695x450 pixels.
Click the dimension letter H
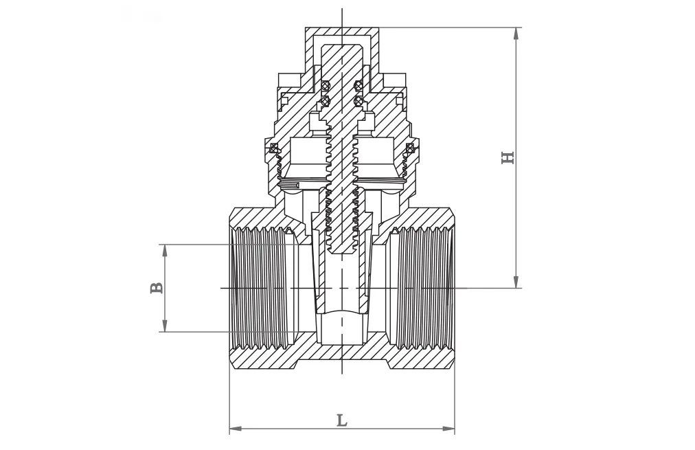[508, 158]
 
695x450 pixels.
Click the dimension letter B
[157, 287]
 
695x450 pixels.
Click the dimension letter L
[341, 420]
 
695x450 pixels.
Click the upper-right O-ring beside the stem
[358, 86]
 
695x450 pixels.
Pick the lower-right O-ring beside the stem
[358, 101]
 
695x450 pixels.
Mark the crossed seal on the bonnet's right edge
[410, 148]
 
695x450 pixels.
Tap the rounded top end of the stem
[342, 49]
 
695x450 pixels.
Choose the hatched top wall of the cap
[342, 32]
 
